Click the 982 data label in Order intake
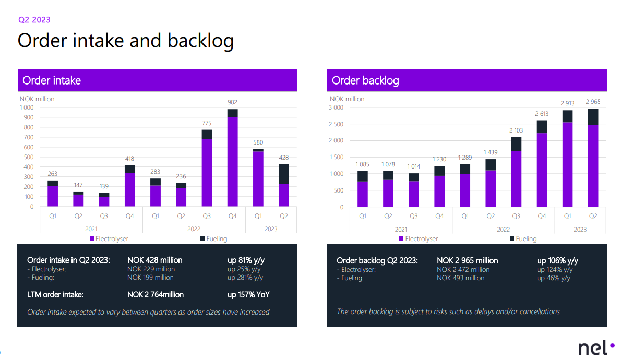coord(232,102)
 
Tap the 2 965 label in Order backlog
coord(593,102)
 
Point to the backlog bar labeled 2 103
coord(516,175)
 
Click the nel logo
coord(596,348)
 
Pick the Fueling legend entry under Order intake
coord(213,239)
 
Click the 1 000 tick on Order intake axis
coord(26,107)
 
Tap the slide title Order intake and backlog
coord(125,41)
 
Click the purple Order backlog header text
coord(365,80)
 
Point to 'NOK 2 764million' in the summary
coord(156,294)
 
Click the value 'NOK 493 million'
coord(460,278)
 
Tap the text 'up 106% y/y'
coord(558,260)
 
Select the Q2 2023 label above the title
coord(34,20)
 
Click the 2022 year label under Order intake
coord(194,229)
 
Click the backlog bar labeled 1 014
coord(414,190)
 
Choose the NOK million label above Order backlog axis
coord(347,99)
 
